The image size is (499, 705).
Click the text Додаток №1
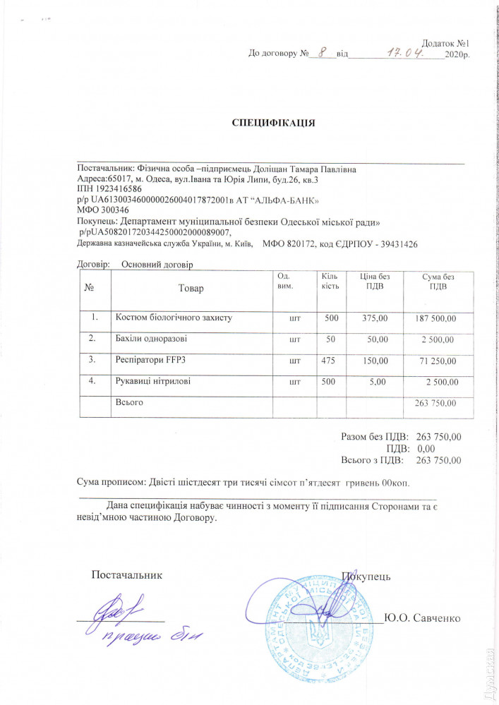(x=445, y=43)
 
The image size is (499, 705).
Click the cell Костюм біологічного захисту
(x=174, y=318)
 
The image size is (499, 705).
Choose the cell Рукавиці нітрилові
(x=152, y=382)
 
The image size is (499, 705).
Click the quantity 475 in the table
(x=330, y=361)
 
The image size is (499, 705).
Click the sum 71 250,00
(x=438, y=361)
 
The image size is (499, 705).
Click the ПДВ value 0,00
(x=426, y=449)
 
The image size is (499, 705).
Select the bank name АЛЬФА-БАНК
(x=290, y=200)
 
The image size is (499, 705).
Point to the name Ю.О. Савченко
(x=421, y=618)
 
